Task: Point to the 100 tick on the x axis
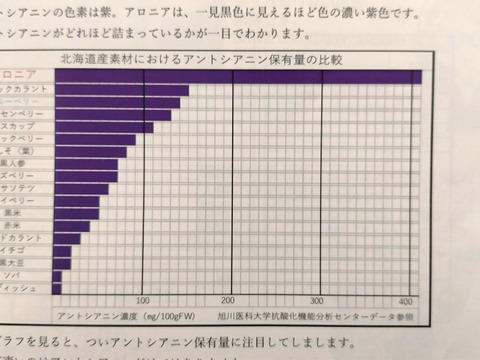143,300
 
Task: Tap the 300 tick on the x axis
317,301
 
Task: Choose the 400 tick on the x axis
406,301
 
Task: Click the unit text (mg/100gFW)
169,316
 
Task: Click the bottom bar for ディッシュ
56,288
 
